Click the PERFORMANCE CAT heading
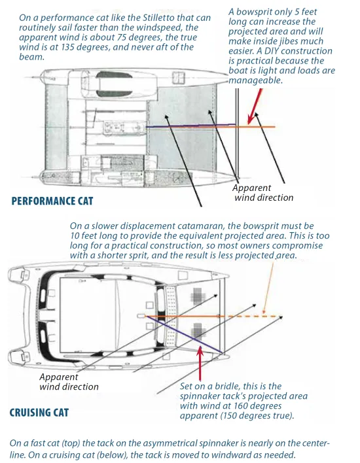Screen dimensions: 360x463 click(x=52, y=201)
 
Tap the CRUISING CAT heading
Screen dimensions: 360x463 click(x=39, y=413)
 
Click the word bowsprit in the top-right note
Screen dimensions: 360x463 click(x=254, y=12)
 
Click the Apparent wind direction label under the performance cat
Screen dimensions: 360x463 click(x=262, y=192)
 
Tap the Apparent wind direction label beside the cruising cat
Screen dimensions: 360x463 click(x=69, y=381)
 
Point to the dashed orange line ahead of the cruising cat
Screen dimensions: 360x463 click(x=253, y=317)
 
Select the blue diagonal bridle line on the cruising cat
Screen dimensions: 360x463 click(x=184, y=334)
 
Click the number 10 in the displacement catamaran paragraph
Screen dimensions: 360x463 click(x=75, y=235)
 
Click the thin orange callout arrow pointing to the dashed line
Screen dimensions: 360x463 click(x=268, y=286)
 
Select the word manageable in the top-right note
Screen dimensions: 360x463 click(x=255, y=80)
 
